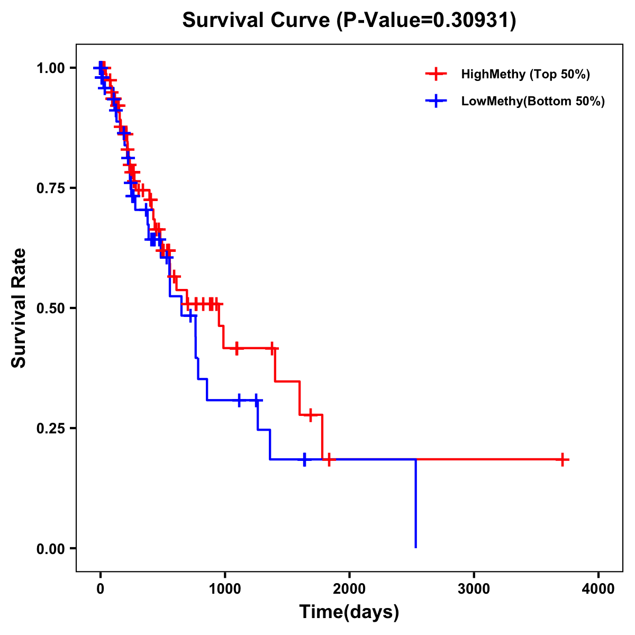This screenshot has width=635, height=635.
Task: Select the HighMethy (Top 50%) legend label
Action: tap(525, 74)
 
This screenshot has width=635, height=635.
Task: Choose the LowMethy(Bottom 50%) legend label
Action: tap(533, 101)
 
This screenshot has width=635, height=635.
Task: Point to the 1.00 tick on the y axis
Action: tap(51, 68)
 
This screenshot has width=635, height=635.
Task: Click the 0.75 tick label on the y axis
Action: tap(51, 188)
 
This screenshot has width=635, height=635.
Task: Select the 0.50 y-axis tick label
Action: tap(51, 308)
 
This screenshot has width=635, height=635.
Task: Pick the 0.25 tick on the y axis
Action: tap(51, 428)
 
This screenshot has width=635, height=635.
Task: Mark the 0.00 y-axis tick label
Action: tap(51, 548)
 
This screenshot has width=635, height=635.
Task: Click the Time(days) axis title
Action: tap(349, 612)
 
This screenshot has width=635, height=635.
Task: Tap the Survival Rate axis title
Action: tap(19, 307)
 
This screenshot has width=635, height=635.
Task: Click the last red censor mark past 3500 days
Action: tap(563, 459)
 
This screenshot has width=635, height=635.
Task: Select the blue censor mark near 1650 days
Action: tap(304, 459)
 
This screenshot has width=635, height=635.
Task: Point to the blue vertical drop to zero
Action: tap(416, 503)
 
